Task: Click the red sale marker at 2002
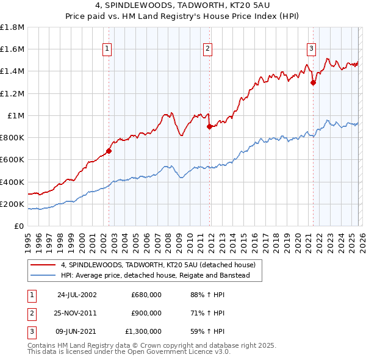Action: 109,151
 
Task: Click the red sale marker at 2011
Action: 209,127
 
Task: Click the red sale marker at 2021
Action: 313,82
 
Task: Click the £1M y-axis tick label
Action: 16,115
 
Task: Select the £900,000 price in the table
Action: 146,313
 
